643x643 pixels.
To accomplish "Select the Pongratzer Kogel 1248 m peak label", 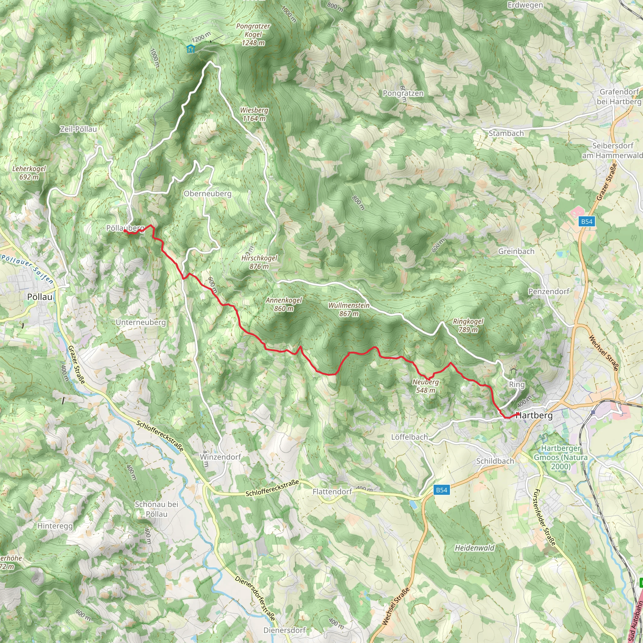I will coord(253,34).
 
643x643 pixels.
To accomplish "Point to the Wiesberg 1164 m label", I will coord(254,114).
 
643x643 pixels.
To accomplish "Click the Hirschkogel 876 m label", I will coord(259,262).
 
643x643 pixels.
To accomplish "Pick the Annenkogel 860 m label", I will coord(284,304).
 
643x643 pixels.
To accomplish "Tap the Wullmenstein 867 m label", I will coord(349,309).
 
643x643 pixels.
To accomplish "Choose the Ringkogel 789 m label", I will coord(468,325).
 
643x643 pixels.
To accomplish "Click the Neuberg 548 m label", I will coord(426,386).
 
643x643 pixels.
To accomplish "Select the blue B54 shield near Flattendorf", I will coord(442,490).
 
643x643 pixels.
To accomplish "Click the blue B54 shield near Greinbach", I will coord(587,222).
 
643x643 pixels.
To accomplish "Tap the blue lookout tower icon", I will coord(191,49).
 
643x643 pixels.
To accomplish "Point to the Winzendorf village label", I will coord(220,457).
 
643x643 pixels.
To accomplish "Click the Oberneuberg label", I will coord(207,194).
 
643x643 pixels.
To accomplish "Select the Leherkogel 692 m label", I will coord(29,173).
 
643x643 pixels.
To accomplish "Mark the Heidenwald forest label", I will coord(475,548).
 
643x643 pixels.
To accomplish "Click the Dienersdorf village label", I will coord(284,630).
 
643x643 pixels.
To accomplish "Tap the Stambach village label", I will coord(506,133).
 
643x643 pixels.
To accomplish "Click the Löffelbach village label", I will coord(409,437).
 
